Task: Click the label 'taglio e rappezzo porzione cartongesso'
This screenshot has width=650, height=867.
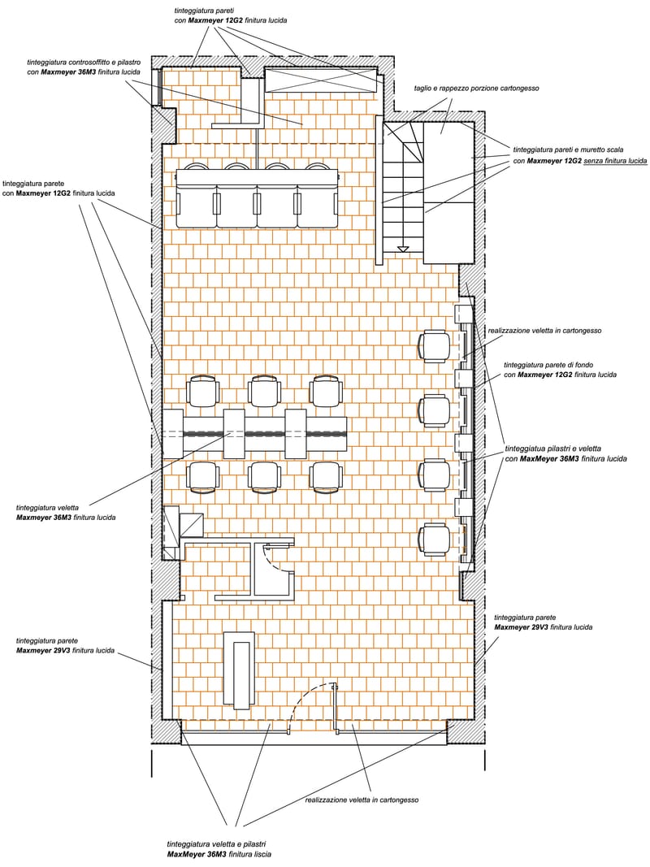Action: click(476, 89)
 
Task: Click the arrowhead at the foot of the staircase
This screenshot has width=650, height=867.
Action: click(404, 249)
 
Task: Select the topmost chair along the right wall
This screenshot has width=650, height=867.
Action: click(435, 346)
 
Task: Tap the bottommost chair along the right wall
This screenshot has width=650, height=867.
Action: click(435, 539)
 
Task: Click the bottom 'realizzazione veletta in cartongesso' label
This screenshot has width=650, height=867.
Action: click(362, 800)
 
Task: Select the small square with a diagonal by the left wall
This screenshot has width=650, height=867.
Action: click(191, 525)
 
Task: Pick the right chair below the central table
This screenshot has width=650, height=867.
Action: click(327, 477)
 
